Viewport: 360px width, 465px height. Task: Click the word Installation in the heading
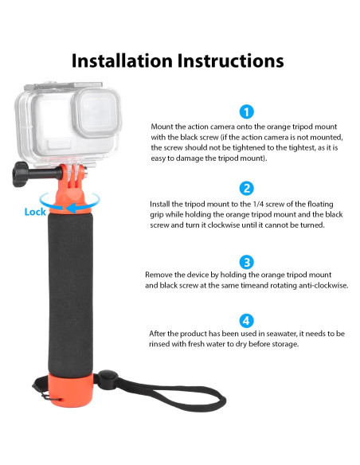[122, 61]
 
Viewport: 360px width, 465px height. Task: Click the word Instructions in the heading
[230, 61]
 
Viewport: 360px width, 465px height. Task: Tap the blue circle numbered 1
[246, 112]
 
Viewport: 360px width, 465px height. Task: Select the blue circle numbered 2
[246, 189]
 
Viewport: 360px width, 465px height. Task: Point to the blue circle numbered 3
[246, 262]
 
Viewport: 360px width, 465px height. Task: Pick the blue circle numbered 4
[246, 321]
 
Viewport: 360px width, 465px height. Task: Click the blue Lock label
[35, 212]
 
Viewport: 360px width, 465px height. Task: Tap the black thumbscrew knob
[20, 174]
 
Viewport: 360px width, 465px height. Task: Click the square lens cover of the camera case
[97, 112]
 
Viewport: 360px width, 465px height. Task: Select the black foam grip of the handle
[71, 294]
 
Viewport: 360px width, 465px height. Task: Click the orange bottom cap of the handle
[71, 390]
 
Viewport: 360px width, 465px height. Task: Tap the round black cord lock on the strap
[108, 379]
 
